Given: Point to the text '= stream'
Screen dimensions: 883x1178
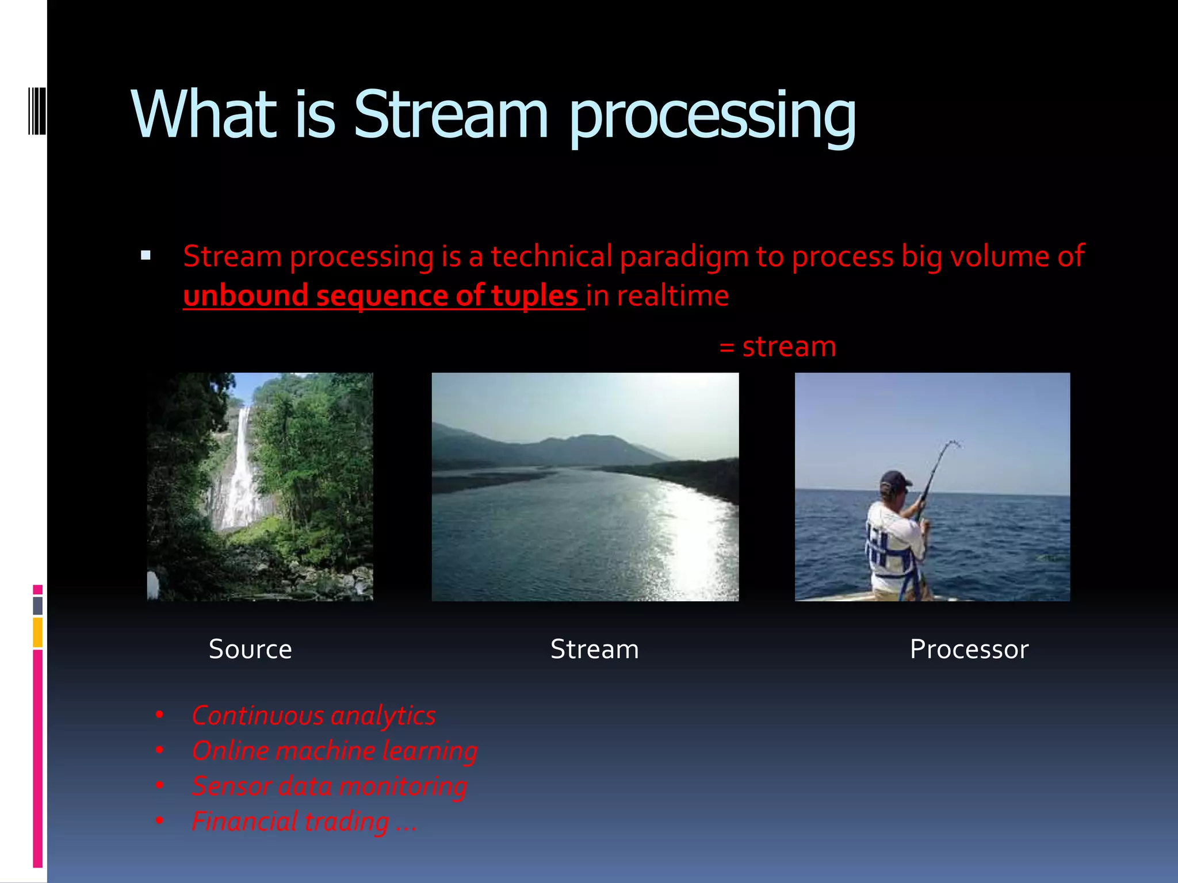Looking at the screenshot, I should point(777,347).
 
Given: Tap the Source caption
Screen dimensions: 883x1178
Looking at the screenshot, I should point(250,650).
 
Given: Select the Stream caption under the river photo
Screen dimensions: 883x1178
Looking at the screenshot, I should point(594,650).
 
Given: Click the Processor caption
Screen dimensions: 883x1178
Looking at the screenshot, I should point(969,650).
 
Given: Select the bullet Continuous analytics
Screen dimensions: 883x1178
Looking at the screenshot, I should point(313,716).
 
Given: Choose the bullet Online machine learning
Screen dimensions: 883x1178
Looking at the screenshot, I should point(335,751).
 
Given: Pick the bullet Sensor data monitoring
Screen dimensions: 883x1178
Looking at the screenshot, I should point(329,786).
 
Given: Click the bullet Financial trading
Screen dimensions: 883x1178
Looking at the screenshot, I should point(303,821).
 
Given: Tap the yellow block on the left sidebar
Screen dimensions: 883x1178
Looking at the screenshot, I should point(37,632).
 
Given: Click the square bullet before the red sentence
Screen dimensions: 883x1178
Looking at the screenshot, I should point(146,256).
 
